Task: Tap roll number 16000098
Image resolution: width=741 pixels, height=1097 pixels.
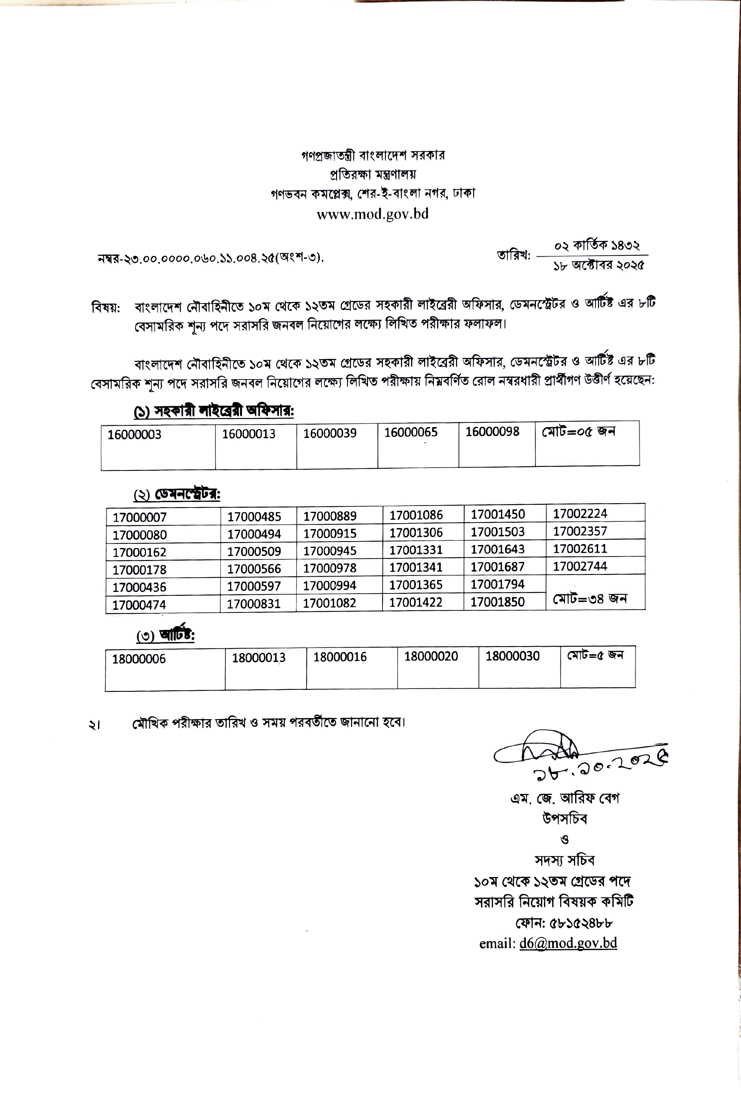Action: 492,431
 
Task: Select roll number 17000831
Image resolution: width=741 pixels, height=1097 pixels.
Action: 254,604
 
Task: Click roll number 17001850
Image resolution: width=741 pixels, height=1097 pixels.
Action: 497,602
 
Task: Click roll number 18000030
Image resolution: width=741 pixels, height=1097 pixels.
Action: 512,656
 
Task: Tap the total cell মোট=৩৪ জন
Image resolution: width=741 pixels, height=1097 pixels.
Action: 589,599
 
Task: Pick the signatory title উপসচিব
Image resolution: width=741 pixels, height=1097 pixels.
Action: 564,819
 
